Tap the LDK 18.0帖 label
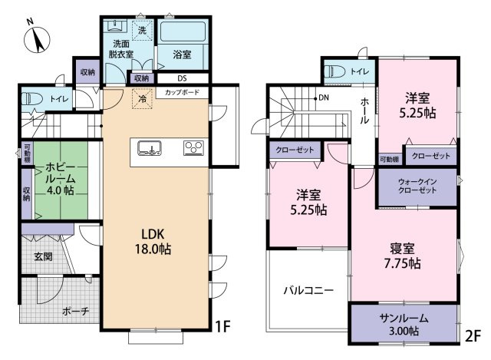tap(153, 241)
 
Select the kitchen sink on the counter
tap(150, 148)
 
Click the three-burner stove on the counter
tap(193, 147)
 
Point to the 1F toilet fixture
tap(32, 100)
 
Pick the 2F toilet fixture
tap(334, 71)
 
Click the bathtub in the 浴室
tap(183, 31)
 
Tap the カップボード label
tap(182, 92)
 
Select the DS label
tap(182, 78)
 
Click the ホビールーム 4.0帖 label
tap(61, 179)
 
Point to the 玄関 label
tap(43, 257)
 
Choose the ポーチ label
tap(76, 311)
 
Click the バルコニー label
tap(308, 290)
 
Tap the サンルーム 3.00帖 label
tap(404, 325)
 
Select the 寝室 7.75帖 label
tap(402, 256)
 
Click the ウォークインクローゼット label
tap(417, 186)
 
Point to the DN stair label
tap(324, 97)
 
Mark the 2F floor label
tap(473, 336)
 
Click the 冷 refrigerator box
tap(142, 99)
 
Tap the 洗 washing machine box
tap(142, 31)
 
